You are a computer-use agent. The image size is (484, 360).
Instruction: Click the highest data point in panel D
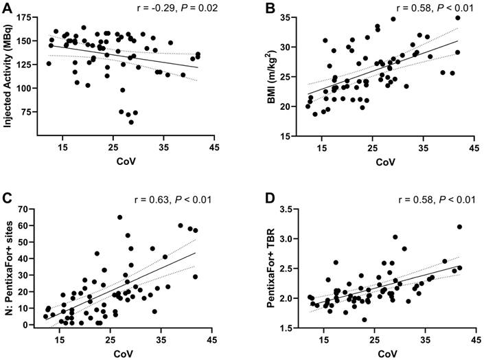(459, 227)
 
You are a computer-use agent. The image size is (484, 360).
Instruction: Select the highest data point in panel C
(119, 217)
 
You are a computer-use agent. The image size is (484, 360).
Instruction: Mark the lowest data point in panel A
(131, 122)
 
